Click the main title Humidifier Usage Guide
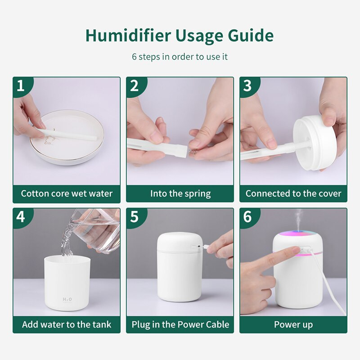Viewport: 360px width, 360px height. coord(180,36)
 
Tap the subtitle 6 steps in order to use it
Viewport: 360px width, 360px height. coord(180,57)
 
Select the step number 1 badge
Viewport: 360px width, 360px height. coord(20,86)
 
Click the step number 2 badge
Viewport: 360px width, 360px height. coord(134,86)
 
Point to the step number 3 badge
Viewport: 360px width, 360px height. coord(247,86)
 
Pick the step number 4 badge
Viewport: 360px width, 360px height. coord(20,217)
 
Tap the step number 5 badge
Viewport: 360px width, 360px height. coord(134,217)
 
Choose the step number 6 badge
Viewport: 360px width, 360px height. coord(247,217)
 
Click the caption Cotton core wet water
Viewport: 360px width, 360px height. coord(67,194)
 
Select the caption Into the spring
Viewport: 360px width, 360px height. coord(180,194)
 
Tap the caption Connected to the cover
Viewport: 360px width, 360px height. coord(293,194)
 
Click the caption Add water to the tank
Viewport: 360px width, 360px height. coord(67,324)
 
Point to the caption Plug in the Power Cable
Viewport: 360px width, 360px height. coord(180,324)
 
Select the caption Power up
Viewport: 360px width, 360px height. coord(293,324)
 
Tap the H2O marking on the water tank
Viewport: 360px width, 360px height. coord(67,298)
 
